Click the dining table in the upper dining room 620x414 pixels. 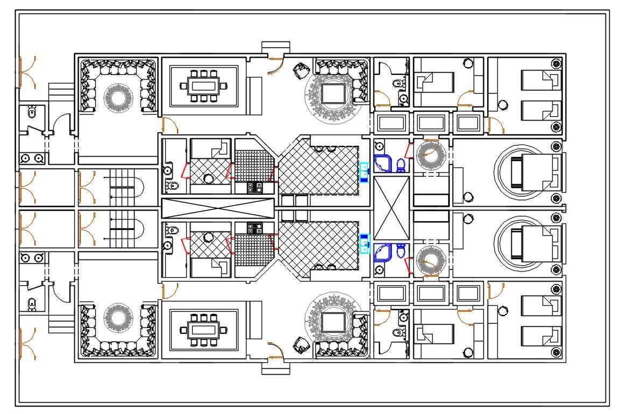coord(203,86)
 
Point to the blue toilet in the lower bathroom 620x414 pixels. coord(400,251)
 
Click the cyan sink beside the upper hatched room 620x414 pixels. coord(364,173)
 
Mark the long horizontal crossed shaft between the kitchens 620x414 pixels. coord(218,208)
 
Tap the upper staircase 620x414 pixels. coord(123,187)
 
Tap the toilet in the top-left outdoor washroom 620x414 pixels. coord(31,113)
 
